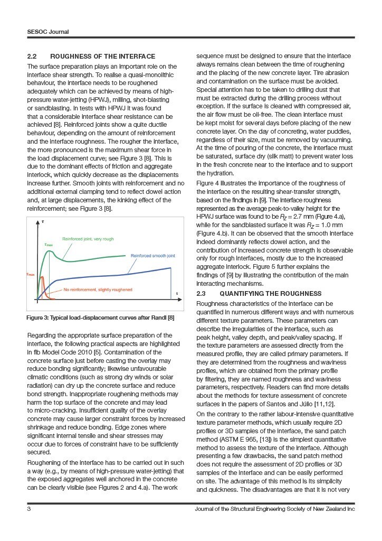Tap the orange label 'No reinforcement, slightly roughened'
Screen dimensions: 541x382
click(x=98, y=290)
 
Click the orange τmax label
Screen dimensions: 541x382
click(x=30, y=275)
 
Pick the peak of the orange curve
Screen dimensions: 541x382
click(x=41, y=275)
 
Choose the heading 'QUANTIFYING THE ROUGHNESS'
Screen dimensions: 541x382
click(x=270, y=293)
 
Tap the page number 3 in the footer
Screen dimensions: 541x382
click(x=29, y=509)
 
